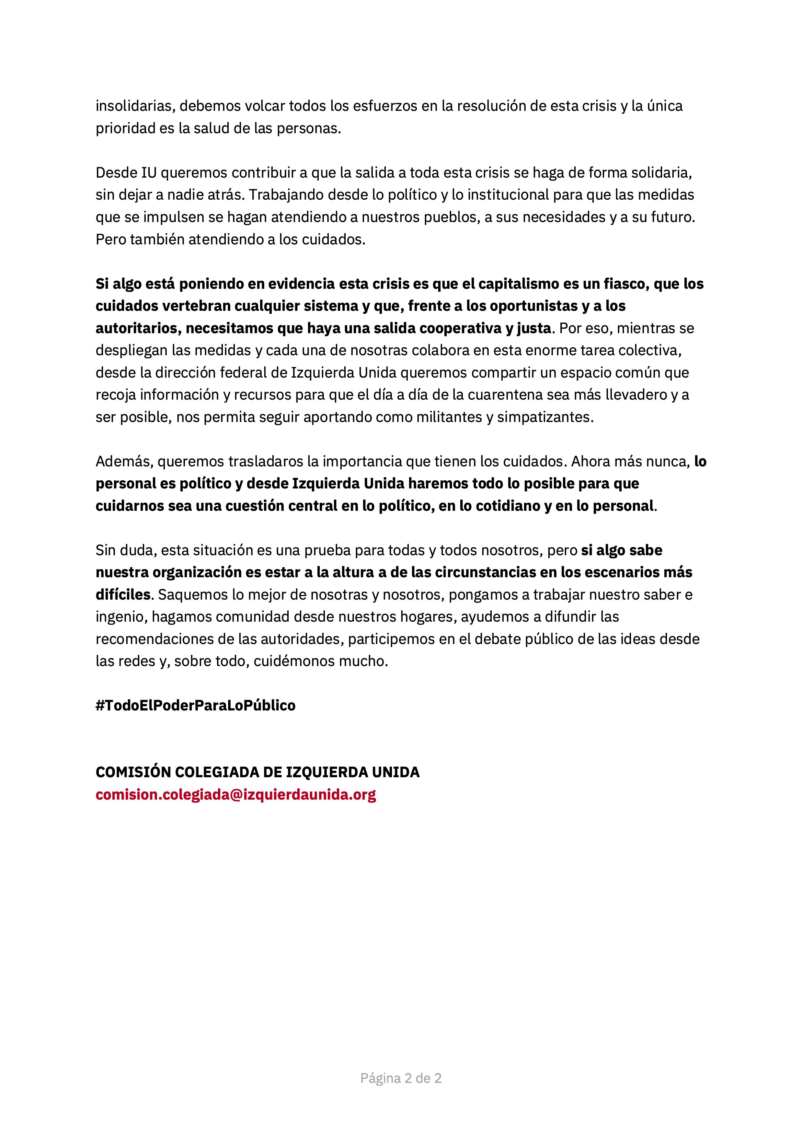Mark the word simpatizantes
(x=545, y=417)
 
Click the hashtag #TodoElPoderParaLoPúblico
(x=195, y=705)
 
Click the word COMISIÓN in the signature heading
(x=132, y=772)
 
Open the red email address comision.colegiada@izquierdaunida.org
(x=235, y=794)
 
